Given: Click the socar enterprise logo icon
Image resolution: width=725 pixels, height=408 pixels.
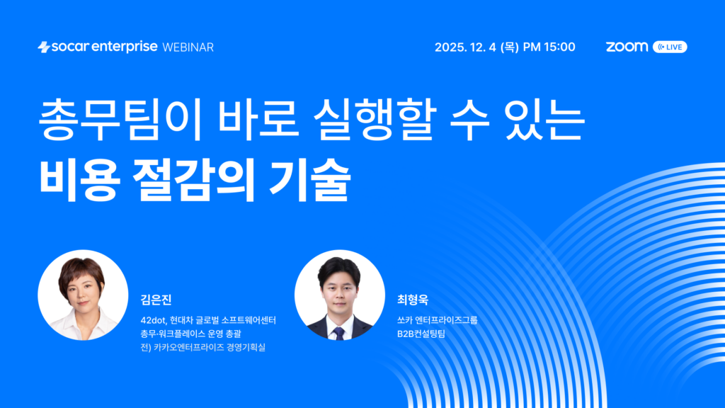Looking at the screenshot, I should tap(43, 47).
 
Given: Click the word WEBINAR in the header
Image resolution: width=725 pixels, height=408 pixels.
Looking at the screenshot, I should tap(188, 47).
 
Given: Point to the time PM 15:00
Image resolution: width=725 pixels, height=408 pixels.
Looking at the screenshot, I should tap(549, 47).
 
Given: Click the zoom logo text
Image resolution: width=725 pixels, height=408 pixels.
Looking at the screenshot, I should tap(627, 47).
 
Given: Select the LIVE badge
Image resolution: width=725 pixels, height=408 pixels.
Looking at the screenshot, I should tap(670, 47).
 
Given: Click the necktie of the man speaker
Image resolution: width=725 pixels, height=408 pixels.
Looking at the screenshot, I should tap(339, 333).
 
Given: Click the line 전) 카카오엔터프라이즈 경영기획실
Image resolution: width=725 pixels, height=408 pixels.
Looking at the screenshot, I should tap(207, 347).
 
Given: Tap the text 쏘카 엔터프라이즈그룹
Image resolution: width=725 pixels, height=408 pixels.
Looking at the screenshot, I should tap(438, 320).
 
